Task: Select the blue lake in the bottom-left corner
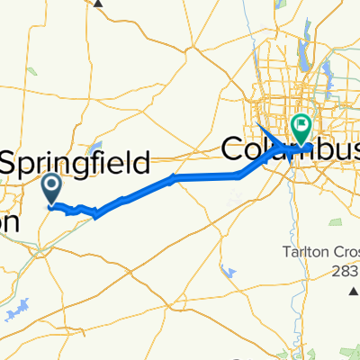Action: click(13, 311)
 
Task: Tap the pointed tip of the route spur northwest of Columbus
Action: click(258, 122)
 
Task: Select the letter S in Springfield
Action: click(9, 164)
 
